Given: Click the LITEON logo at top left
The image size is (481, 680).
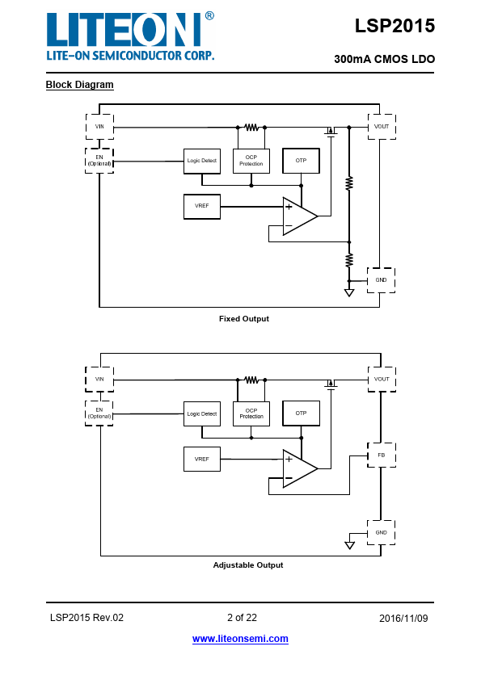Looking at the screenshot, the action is click(x=130, y=36).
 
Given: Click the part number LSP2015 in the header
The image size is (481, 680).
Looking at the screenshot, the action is click(x=395, y=26).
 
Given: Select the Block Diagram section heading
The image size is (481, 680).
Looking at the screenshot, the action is click(x=80, y=85).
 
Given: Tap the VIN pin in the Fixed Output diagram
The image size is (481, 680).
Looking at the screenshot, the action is click(x=100, y=127).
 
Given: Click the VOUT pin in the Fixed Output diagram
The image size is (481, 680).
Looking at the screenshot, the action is click(x=382, y=127).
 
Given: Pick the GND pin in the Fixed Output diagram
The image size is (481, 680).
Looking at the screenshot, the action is click(x=381, y=280).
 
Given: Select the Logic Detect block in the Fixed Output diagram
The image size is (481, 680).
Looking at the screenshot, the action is click(x=202, y=161).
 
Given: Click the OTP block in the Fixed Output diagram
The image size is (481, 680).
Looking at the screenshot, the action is click(x=301, y=161).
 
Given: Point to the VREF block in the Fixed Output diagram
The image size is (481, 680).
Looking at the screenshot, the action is click(x=202, y=207).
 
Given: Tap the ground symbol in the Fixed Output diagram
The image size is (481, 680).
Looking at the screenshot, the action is click(x=349, y=292).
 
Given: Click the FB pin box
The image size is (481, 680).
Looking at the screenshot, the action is click(x=381, y=455).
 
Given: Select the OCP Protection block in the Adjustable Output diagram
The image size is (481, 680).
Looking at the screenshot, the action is click(x=251, y=413).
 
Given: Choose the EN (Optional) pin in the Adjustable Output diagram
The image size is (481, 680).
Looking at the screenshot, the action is click(x=99, y=413).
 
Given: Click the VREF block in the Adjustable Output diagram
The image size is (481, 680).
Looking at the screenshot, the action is click(x=202, y=459).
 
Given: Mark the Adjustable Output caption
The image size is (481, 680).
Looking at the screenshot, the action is click(x=248, y=565).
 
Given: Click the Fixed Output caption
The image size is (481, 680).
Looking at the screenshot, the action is click(x=244, y=319).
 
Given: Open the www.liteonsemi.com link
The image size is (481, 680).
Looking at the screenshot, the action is click(x=240, y=639).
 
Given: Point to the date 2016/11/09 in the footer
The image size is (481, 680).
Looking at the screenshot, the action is click(x=403, y=619).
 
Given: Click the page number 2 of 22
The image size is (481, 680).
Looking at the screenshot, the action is click(x=242, y=618).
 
